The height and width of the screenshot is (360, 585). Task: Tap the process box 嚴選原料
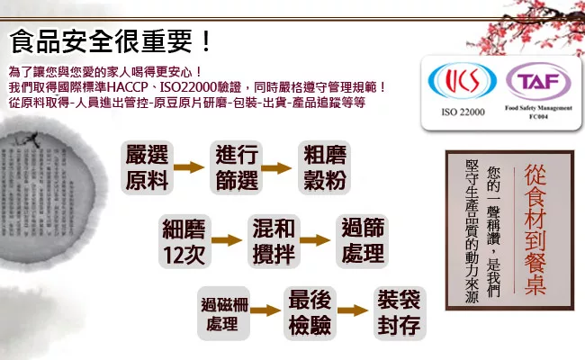[148, 166]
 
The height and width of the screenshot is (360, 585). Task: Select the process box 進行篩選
[238, 166]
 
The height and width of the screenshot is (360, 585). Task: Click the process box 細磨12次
[184, 241]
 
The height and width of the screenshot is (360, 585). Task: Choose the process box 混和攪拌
[274, 241]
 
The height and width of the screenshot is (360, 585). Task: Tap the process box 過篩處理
[362, 241]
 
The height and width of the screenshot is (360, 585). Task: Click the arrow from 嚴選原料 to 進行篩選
[191, 167]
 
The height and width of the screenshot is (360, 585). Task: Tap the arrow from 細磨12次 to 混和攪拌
[229, 241]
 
